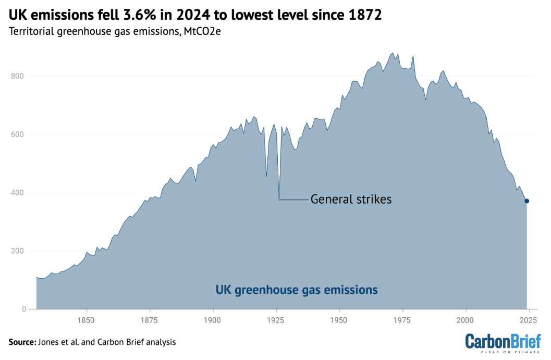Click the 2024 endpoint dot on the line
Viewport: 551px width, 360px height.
[x=526, y=201]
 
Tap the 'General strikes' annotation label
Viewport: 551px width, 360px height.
[x=351, y=200]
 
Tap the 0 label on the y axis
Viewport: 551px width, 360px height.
[x=23, y=309]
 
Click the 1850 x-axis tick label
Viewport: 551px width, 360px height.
[x=87, y=319]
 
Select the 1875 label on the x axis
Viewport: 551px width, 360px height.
[x=150, y=319]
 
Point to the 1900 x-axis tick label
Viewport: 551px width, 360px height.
[x=213, y=319]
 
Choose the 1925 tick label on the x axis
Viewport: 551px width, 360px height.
[x=276, y=319]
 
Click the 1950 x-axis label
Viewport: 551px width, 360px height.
[x=339, y=319]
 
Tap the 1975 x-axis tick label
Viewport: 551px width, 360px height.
[x=402, y=319]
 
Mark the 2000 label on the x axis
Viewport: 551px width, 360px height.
[x=466, y=319]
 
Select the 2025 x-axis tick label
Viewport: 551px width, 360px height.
[x=529, y=319]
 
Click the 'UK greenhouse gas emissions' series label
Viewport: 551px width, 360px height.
[x=297, y=290]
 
